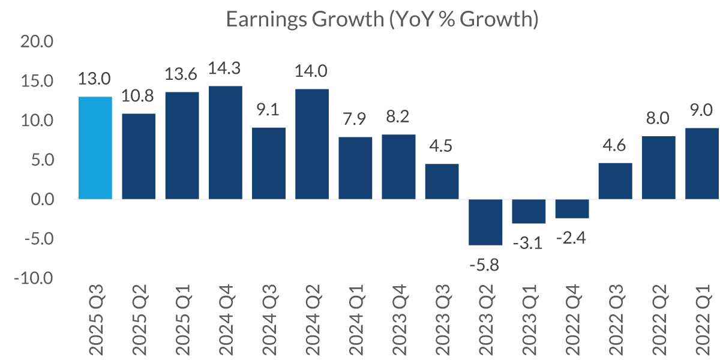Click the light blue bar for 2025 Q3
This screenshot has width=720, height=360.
(95, 148)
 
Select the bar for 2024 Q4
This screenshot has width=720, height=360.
(226, 143)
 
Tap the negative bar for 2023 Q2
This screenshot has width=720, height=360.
(485, 222)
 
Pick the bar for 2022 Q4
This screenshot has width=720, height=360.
(572, 209)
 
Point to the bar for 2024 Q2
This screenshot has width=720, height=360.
(312, 144)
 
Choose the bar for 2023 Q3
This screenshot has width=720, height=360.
(442, 181)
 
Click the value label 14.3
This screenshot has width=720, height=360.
(225, 68)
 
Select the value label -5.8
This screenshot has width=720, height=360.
(485, 264)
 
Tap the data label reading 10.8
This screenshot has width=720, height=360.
(139, 96)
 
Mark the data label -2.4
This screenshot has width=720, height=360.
(572, 238)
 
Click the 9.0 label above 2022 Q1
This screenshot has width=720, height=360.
(701, 110)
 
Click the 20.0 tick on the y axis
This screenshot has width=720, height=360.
(38, 42)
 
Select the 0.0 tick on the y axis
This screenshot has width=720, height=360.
(42, 200)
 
